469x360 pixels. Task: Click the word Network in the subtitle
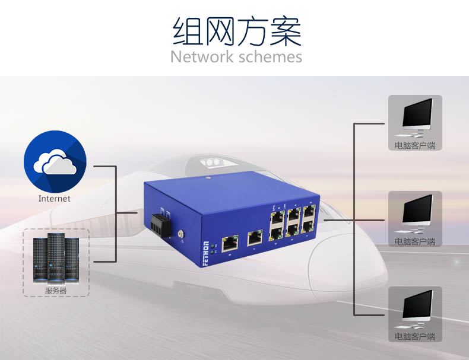pyautogui.click(x=202, y=57)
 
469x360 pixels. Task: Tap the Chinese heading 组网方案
pyautogui.click(x=236, y=32)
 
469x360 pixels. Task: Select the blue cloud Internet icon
pyautogui.click(x=55, y=161)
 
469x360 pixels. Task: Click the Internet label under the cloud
pyautogui.click(x=55, y=199)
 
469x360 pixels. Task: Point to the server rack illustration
pyautogui.click(x=56, y=259)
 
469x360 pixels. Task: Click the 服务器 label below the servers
pyautogui.click(x=56, y=291)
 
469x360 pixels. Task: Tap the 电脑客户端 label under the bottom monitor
pyautogui.click(x=414, y=336)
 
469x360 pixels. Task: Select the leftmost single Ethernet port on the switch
pyautogui.click(x=229, y=241)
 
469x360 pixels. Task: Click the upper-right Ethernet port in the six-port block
pyautogui.click(x=308, y=211)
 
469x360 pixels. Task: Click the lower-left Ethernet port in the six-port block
pyautogui.click(x=276, y=230)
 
